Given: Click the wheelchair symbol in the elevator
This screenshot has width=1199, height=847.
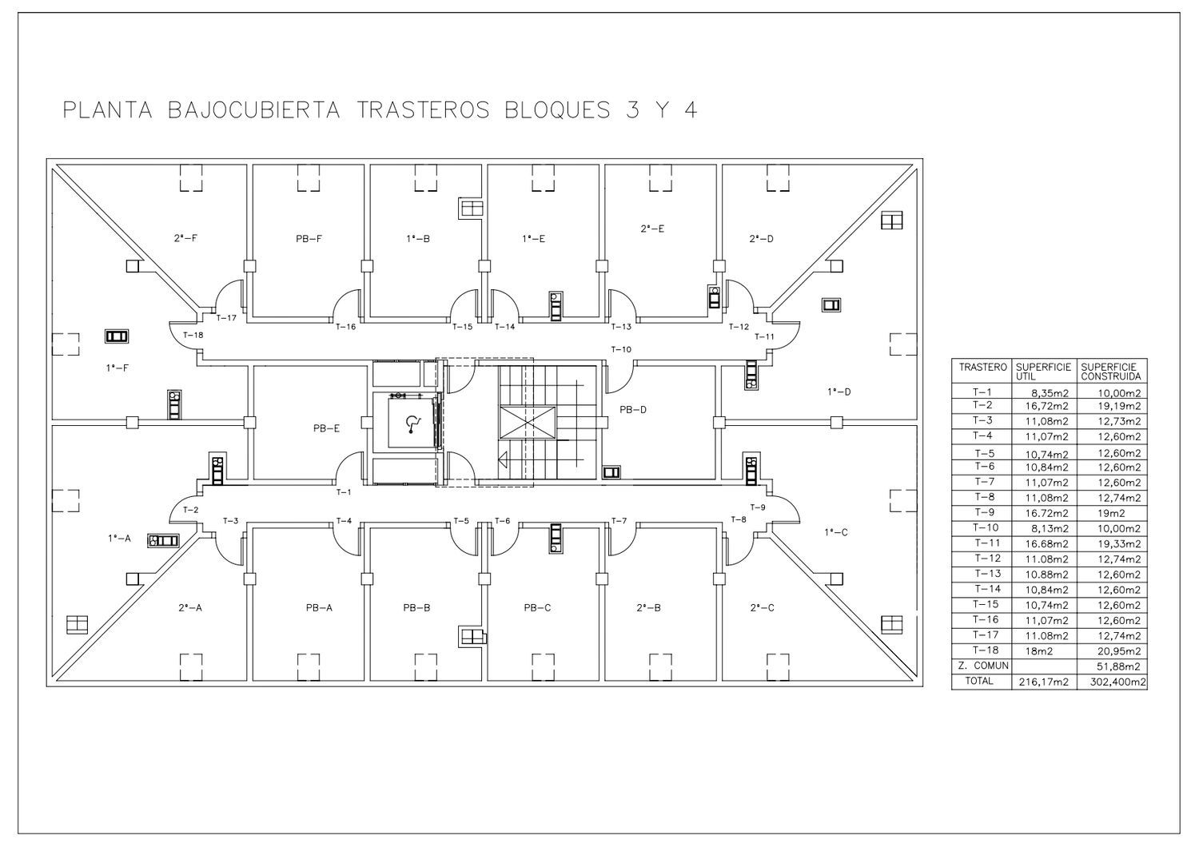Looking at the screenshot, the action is tap(412, 423).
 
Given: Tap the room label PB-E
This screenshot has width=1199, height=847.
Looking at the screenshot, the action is tap(326, 428).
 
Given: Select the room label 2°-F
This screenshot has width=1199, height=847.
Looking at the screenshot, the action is tap(185, 239).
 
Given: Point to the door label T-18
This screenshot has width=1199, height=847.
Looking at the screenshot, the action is tap(193, 336).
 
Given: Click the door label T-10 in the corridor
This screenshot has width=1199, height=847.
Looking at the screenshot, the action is tap(621, 349).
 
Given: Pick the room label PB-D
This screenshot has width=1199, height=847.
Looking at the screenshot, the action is tap(633, 410).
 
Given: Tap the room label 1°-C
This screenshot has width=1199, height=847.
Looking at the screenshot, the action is tap(836, 532).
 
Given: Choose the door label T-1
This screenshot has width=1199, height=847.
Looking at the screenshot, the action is tap(344, 492).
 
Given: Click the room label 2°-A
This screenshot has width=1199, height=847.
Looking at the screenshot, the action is tap(190, 608).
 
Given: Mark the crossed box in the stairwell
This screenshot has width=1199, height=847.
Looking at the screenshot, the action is tap(528, 423).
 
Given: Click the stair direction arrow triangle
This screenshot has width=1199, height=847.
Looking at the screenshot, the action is tap(503, 459).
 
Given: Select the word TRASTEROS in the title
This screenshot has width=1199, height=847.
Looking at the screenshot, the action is tap(423, 110).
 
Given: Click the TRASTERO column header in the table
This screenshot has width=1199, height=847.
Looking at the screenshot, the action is tap(982, 368).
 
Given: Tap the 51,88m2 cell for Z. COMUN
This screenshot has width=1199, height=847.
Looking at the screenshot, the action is tap(1119, 666).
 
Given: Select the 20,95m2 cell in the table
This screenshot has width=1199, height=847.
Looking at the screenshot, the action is tap(1119, 652).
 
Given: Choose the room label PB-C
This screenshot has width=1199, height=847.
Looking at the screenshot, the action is tap(537, 608).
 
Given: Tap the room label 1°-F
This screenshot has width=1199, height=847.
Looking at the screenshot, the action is tap(118, 368).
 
